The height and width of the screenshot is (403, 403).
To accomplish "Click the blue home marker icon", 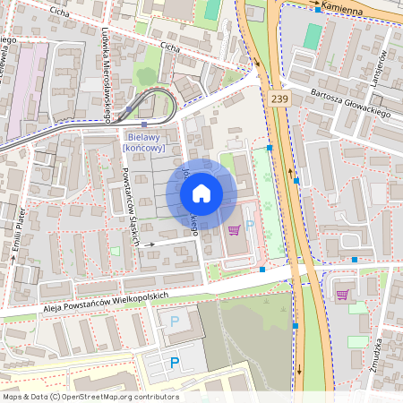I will pos(201,193).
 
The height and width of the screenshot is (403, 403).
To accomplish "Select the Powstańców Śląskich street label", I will pos(131,207).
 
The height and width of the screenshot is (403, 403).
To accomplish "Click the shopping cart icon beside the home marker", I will pos(235,230).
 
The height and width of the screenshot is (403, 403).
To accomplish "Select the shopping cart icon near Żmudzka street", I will pos(342,294).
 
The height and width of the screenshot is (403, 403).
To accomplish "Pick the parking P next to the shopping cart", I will pos(250,225).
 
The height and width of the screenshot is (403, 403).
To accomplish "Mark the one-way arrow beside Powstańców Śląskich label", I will pos(150,243).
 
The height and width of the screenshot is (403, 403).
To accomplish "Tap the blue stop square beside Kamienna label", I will pos(318,9).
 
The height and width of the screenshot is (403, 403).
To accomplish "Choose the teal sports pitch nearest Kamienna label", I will pos(312,37).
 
